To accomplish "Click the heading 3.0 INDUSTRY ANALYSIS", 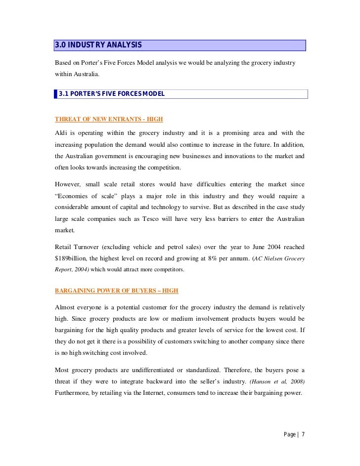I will (x=98, y=45).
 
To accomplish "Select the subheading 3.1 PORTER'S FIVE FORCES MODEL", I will (x=112, y=94).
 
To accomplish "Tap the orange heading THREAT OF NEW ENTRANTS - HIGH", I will (x=109, y=119).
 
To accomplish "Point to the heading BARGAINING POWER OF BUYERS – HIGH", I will (x=116, y=290).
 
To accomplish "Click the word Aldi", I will (x=62, y=133).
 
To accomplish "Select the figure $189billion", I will (x=71, y=258).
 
